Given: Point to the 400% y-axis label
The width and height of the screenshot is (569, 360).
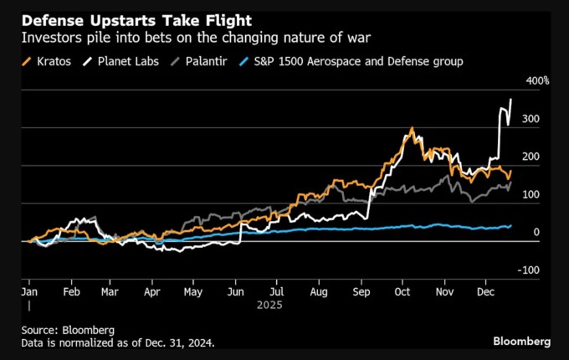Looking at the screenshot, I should click(537, 80).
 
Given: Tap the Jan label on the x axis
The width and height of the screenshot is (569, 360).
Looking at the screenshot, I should click(28, 293).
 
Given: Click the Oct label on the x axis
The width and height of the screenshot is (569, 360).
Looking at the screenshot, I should click(403, 293).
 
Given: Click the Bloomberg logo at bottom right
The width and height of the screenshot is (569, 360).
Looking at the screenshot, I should click(521, 342).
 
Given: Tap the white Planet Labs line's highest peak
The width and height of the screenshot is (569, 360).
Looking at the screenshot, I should click(511, 100).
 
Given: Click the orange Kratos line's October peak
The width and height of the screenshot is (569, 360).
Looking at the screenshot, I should click(412, 130).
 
